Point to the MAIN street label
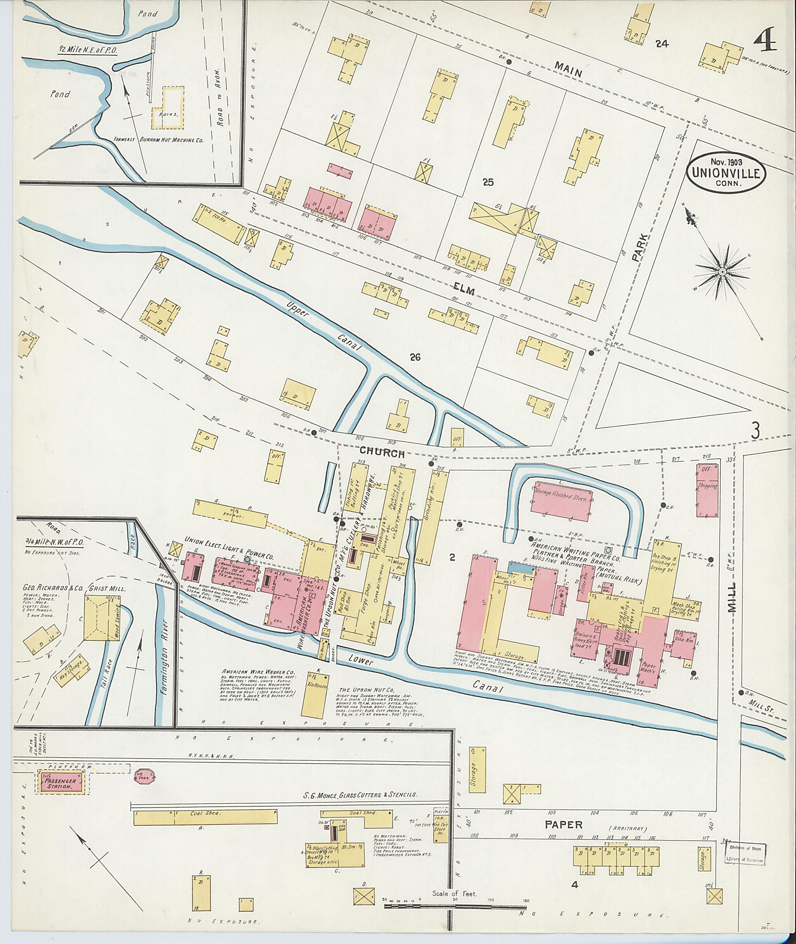click(569, 70)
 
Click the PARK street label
click(639, 247)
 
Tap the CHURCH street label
click(382, 453)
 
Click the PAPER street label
click(563, 825)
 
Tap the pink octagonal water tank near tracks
click(145, 776)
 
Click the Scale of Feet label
click(454, 893)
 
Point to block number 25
click(488, 182)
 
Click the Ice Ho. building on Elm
click(218, 224)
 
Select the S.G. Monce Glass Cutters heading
click(360, 796)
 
